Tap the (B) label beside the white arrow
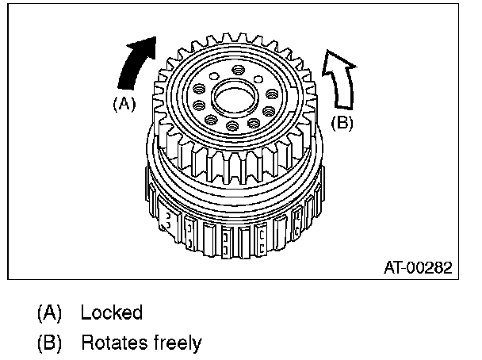341,124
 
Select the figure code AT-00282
417,268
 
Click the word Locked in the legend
111,312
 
